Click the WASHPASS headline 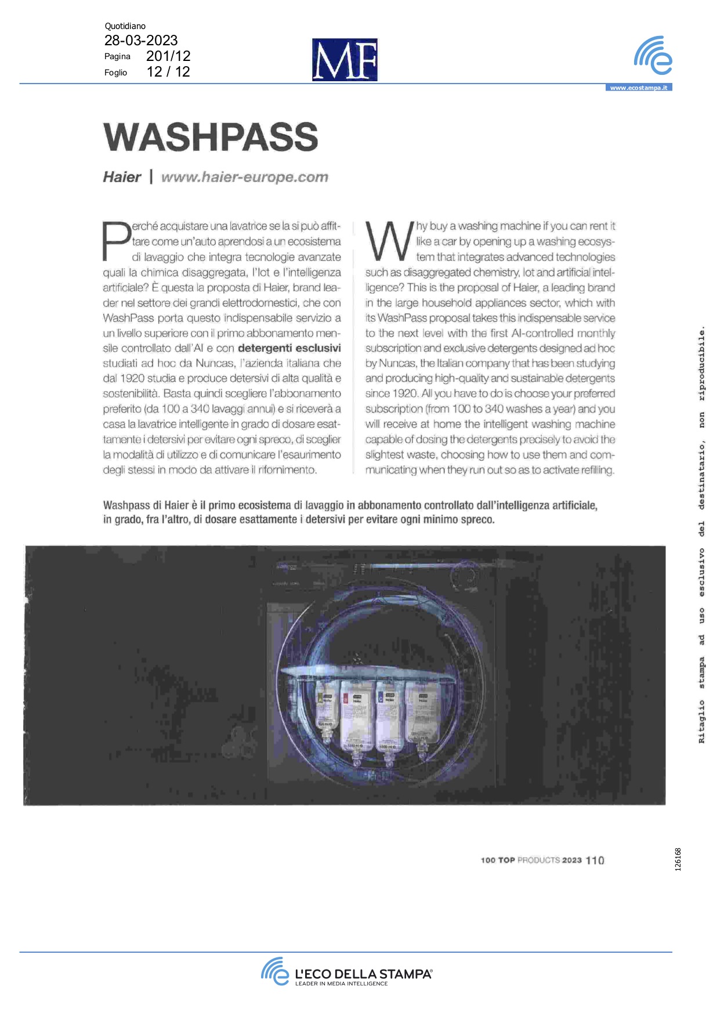pos(211,138)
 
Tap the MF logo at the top pos(345,60)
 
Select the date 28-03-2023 pos(141,41)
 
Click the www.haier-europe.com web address pos(244,177)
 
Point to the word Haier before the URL pos(122,177)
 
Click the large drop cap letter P pos(116,241)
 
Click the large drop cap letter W pos(389,241)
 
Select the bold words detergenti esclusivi pos(289,348)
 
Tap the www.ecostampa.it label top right pos(639,88)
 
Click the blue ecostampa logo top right pos(653,56)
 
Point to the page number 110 pos(595,860)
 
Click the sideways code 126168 pos(678,859)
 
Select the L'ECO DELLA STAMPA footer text pos(363,974)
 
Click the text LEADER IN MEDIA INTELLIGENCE pos(341,984)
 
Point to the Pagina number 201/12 pos(168,56)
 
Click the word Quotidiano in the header pos(125,26)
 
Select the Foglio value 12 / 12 pos(168,72)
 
